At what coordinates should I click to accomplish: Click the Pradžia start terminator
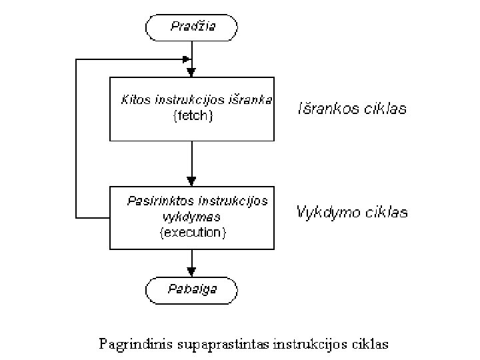tap(192, 27)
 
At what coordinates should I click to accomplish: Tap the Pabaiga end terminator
tap(192, 289)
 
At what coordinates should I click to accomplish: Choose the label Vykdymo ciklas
tap(352, 213)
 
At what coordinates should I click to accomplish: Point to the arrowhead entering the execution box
tap(192, 181)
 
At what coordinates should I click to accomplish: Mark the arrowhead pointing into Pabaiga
tap(192, 271)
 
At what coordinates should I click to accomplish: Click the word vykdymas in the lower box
tap(191, 217)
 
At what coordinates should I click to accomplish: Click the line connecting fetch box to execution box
tap(192, 160)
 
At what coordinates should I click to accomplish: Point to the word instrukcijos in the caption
tap(300, 345)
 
